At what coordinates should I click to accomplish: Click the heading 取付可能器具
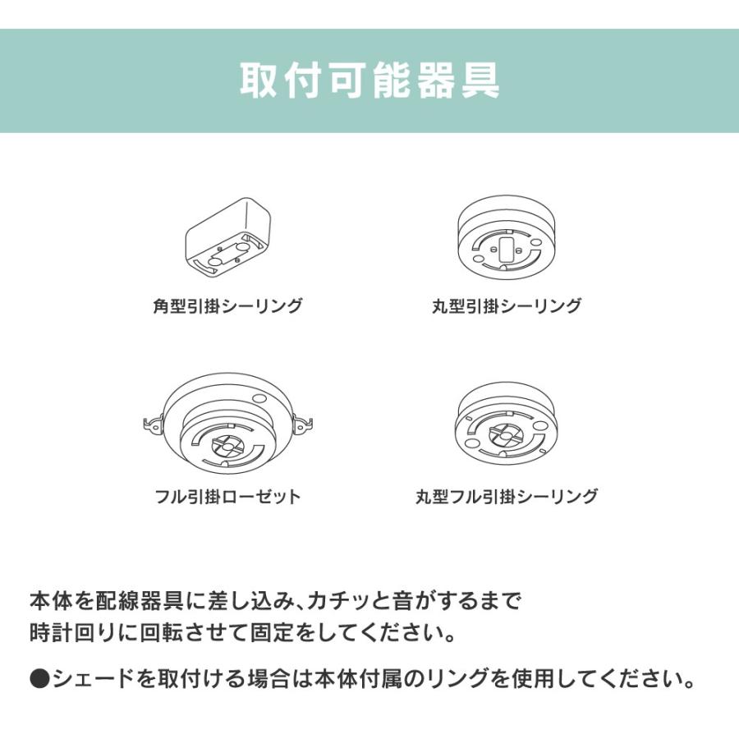click(x=369, y=80)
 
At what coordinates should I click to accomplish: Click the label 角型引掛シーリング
click(x=227, y=306)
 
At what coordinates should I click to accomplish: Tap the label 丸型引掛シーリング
click(x=506, y=306)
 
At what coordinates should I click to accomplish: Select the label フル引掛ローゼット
click(x=227, y=496)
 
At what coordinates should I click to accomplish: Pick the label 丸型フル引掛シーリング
click(x=506, y=496)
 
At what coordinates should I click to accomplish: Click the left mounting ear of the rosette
click(x=153, y=425)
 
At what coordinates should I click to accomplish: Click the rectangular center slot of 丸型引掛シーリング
click(x=506, y=247)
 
